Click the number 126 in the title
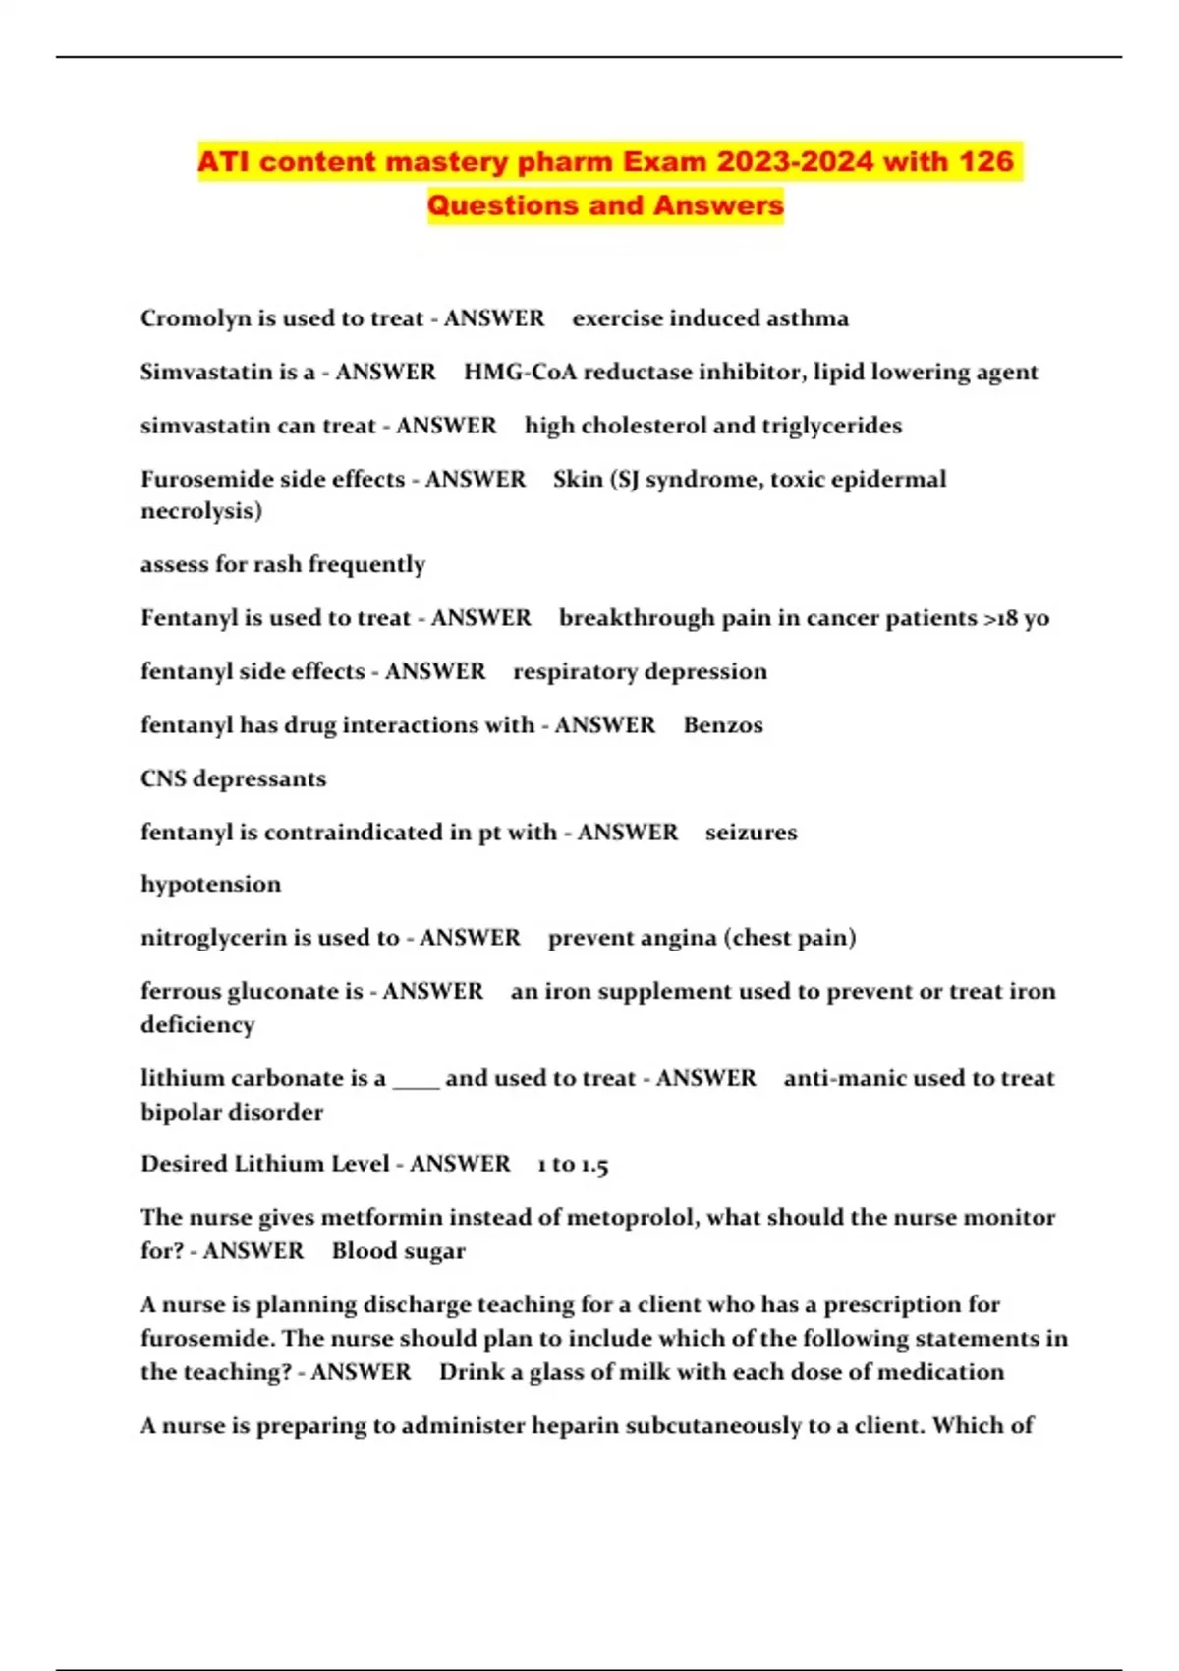(x=984, y=161)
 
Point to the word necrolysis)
(x=201, y=511)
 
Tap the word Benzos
(x=723, y=725)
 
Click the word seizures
(x=751, y=833)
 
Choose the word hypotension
(x=210, y=884)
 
